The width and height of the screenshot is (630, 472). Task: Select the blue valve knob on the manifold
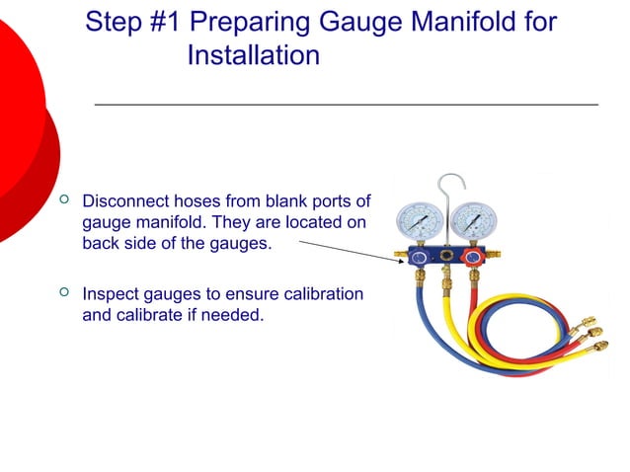pyautogui.click(x=420, y=258)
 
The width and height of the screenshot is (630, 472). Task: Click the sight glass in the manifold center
pyautogui.click(x=447, y=257)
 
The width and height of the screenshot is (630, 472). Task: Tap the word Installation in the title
pyautogui.click(x=253, y=56)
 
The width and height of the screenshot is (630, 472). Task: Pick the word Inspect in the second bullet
pyautogui.click(x=111, y=294)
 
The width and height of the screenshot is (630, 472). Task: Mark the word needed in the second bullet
pyautogui.click(x=237, y=316)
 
